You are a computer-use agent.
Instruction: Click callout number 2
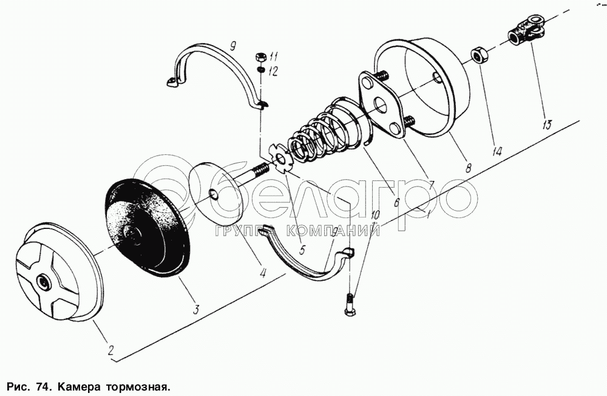click(x=110, y=350)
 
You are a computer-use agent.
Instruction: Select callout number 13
click(x=547, y=125)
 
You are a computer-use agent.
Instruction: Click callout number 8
click(x=469, y=168)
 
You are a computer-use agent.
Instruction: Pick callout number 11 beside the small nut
click(x=274, y=58)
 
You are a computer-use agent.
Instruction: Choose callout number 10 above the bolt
click(x=376, y=216)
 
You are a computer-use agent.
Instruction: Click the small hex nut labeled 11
click(x=260, y=57)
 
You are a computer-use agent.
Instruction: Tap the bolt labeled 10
click(x=348, y=304)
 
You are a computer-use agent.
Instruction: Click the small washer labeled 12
click(x=261, y=69)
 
